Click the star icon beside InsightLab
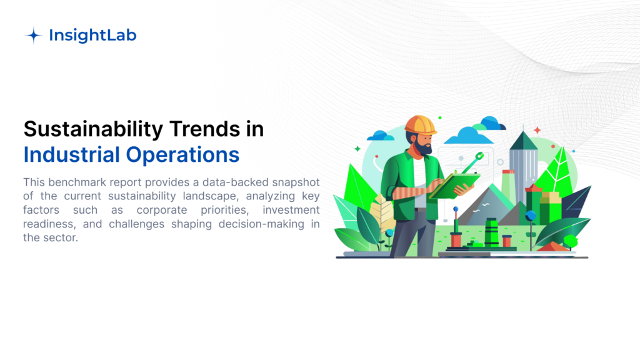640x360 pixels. coord(34,36)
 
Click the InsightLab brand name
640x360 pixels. coord(92,35)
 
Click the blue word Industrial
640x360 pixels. coord(72,155)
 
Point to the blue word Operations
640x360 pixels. coord(182,156)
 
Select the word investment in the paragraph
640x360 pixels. coord(291,210)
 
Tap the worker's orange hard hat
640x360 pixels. coord(421,125)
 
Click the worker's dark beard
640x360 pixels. coord(424,147)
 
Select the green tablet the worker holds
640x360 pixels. coord(454,186)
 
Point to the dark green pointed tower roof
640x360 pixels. coord(524,141)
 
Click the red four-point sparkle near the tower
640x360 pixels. coord(537,130)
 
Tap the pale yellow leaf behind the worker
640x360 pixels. coord(382,215)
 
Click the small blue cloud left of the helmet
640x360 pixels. coord(381,136)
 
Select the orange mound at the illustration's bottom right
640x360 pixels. coord(552,246)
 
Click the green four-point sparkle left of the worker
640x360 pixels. coord(357,149)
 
